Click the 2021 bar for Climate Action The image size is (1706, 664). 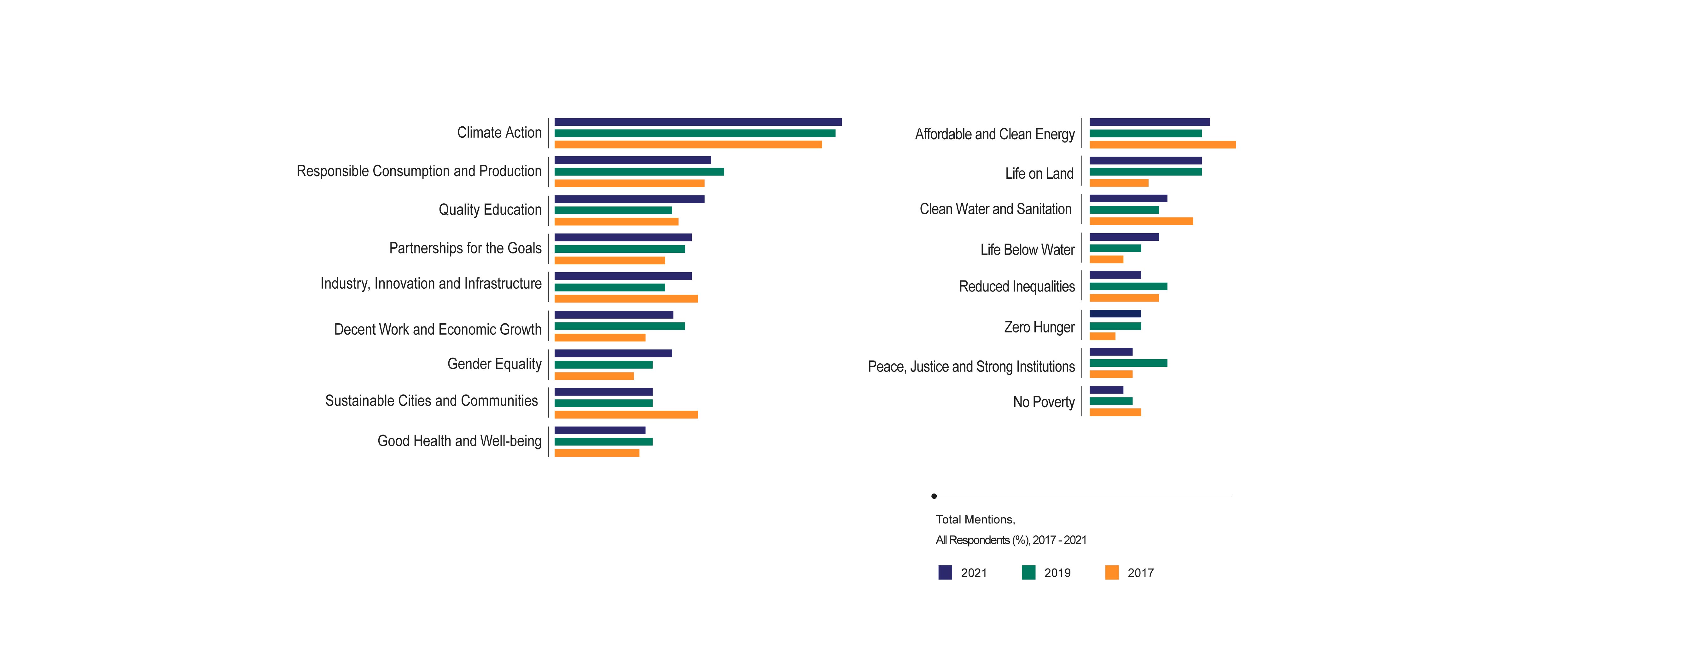698,122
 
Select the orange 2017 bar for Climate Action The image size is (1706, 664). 688,144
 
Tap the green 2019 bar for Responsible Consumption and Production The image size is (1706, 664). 639,171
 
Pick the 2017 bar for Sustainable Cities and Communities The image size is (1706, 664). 626,414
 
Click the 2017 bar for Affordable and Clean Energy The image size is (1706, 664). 1162,144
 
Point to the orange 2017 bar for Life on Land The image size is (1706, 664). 1119,183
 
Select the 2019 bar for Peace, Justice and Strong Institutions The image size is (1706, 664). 1128,363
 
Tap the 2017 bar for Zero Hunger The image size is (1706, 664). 1102,336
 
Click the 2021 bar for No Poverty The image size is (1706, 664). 1106,390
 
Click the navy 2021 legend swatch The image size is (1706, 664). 945,573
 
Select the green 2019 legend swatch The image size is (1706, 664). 1028,573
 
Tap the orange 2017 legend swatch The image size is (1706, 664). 1112,573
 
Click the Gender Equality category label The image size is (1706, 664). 494,364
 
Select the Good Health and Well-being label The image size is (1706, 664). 459,441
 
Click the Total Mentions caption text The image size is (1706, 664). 975,520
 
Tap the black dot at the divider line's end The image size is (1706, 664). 934,496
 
